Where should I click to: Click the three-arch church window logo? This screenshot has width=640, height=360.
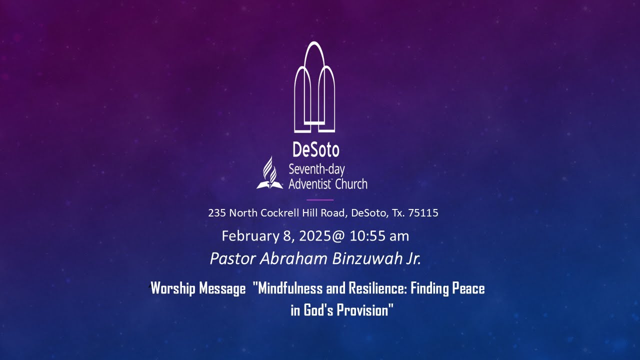(x=314, y=88)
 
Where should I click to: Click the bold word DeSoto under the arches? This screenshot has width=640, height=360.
(x=316, y=149)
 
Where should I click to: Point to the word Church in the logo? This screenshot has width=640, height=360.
(x=350, y=184)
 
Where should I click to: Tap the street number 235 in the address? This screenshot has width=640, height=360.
(x=216, y=213)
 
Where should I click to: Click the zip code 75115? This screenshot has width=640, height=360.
(x=423, y=213)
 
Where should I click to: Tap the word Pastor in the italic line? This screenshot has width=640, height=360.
(x=233, y=259)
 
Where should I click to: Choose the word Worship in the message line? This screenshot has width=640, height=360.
(x=172, y=289)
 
